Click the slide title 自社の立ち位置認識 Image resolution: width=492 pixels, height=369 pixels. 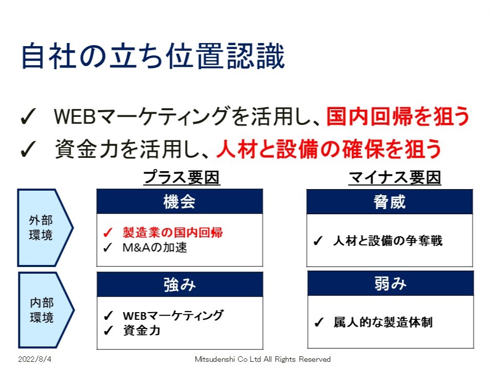pos(153,56)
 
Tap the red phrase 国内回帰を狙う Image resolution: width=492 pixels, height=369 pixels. pos(398,116)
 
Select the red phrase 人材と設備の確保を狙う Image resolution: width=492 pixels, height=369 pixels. pos(329,149)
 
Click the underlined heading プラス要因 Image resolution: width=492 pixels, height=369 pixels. pos(181,177)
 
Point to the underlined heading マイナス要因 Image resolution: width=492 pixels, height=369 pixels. pos(395,178)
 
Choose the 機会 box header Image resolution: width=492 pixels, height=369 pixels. pos(179,201)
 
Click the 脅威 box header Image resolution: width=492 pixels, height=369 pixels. pos(389,202)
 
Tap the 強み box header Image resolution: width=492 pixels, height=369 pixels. pos(180,284)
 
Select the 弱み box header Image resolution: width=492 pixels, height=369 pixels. pos(391,283)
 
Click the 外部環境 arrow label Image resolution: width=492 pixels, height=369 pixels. pos(41,228)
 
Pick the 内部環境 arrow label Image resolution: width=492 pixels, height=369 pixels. pos(42,310)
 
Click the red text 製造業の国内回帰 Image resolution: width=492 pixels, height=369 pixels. pos(173,233)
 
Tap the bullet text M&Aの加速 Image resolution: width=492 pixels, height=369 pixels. pos(155,248)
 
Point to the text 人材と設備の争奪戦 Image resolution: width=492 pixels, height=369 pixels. pos(388,241)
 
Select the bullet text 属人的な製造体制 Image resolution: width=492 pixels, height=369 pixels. pos(383,322)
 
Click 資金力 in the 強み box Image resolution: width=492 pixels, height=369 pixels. pos(141,331)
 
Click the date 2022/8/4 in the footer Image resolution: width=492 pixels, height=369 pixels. pos(34,359)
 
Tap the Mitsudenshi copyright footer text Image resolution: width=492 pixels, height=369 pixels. pos(262,359)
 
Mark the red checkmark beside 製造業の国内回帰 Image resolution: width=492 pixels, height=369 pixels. pos(108,233)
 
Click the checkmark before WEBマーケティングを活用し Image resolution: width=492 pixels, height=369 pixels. pos(28,117)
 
